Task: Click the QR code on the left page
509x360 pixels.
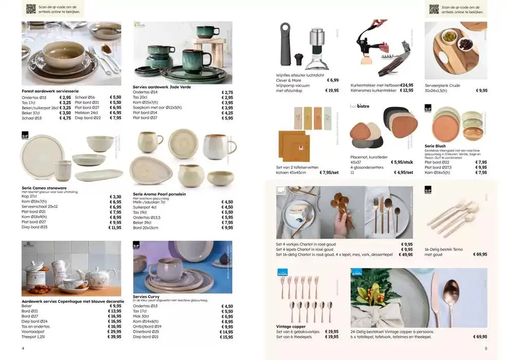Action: pyautogui.click(x=31, y=9)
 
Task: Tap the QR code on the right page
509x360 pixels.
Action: pyautogui.click(x=434, y=9)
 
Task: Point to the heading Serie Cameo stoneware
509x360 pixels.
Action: pyautogui.click(x=44, y=188)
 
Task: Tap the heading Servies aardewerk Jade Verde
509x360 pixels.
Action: pyautogui.click(x=161, y=87)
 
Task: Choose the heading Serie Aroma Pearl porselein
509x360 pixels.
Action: pyautogui.click(x=159, y=194)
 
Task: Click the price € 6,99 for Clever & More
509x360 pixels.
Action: pyautogui.click(x=332, y=80)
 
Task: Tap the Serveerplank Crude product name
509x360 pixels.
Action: pyautogui.click(x=442, y=85)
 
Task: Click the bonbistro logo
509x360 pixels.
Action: pyautogui.click(x=359, y=106)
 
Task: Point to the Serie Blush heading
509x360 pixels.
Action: pyautogui.click(x=435, y=146)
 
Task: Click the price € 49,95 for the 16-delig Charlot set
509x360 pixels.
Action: pyautogui.click(x=406, y=255)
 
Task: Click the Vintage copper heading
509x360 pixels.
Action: pyautogui.click(x=290, y=326)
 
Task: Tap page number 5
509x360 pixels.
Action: pyautogui.click(x=485, y=348)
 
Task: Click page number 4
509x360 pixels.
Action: pyautogui.click(x=23, y=348)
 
